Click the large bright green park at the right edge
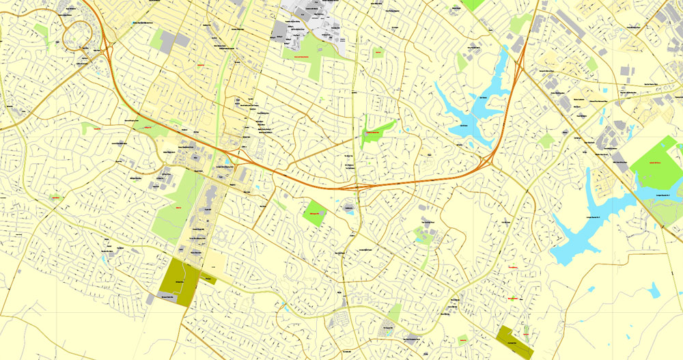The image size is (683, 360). [654, 162]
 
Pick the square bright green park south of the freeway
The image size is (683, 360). [315, 213]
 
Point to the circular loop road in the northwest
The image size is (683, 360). [77, 31]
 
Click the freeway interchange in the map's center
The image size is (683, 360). [357, 186]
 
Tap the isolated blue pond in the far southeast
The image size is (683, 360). [654, 291]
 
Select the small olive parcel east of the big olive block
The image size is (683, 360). [208, 279]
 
